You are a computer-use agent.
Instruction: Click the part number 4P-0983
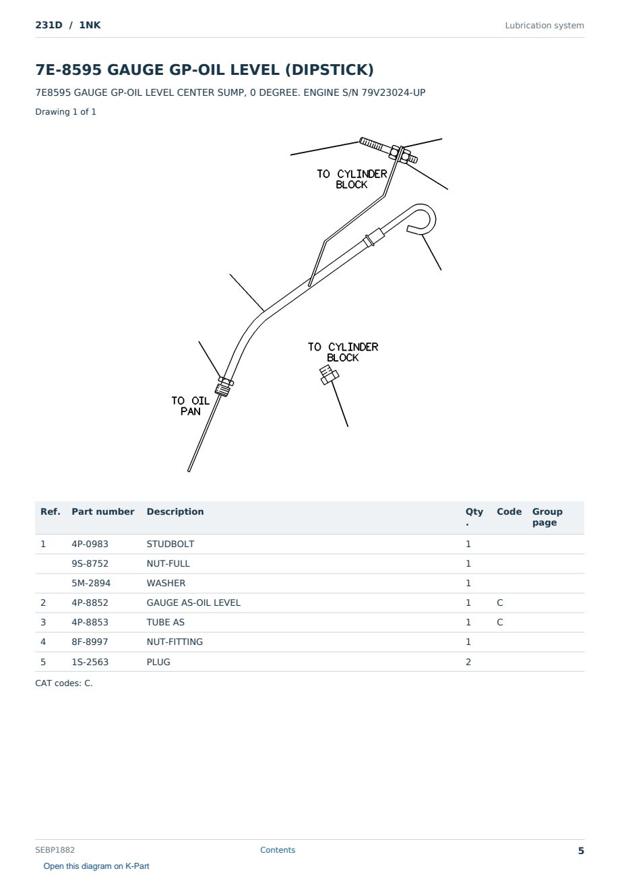[90, 544]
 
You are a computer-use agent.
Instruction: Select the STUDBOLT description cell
[170, 544]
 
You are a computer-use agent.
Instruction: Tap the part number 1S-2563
[90, 662]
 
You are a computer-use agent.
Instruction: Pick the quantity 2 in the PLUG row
[468, 662]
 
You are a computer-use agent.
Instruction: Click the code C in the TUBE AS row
[499, 622]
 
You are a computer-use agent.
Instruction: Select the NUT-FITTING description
[175, 642]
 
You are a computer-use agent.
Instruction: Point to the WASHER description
[166, 583]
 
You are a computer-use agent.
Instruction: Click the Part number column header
[102, 511]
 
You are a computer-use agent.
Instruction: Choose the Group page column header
[547, 517]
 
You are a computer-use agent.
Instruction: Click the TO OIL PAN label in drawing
[190, 406]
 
